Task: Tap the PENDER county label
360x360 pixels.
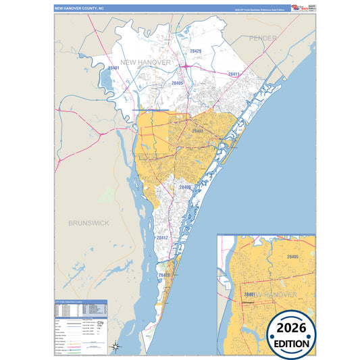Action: [x=262, y=38]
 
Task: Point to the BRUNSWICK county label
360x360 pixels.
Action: [x=88, y=222]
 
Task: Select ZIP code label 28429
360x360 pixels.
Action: [x=195, y=51]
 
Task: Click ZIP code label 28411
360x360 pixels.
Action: [x=234, y=74]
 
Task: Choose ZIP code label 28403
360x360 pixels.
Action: [x=198, y=131]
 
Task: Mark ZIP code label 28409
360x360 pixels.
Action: [x=186, y=186]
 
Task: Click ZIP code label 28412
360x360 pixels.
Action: [x=162, y=238]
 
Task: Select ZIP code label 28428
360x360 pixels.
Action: [x=164, y=276]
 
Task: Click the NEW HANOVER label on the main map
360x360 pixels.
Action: [x=147, y=63]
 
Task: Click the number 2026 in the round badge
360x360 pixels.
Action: [x=291, y=328]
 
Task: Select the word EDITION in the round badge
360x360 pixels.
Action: [x=291, y=342]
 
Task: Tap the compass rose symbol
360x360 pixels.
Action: [x=116, y=346]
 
